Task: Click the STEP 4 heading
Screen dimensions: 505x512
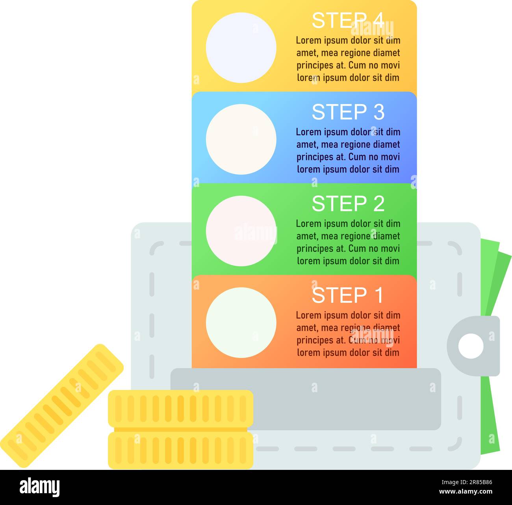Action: pyautogui.click(x=347, y=21)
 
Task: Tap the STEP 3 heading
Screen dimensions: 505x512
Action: pyautogui.click(x=347, y=112)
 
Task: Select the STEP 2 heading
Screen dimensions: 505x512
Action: pyautogui.click(x=347, y=204)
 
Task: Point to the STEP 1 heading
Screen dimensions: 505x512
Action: pyautogui.click(x=347, y=296)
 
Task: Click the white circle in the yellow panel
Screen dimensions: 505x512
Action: pyautogui.click(x=241, y=48)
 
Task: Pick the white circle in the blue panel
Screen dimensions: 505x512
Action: pyautogui.click(x=241, y=139)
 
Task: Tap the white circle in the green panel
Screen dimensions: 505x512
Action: pyautogui.click(x=241, y=231)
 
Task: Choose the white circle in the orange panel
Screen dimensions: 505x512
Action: pyautogui.click(x=241, y=322)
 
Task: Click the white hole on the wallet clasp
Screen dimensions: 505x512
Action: pyautogui.click(x=471, y=346)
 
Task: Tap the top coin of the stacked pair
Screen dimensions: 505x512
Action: pyautogui.click(x=180, y=409)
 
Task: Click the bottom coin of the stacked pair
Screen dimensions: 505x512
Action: pyautogui.click(x=180, y=450)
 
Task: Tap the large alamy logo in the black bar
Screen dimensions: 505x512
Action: pyautogui.click(x=39, y=487)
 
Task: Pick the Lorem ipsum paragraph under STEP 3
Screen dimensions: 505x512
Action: pyautogui.click(x=348, y=151)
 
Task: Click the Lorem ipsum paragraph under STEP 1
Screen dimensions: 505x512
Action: pyautogui.click(x=348, y=334)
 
